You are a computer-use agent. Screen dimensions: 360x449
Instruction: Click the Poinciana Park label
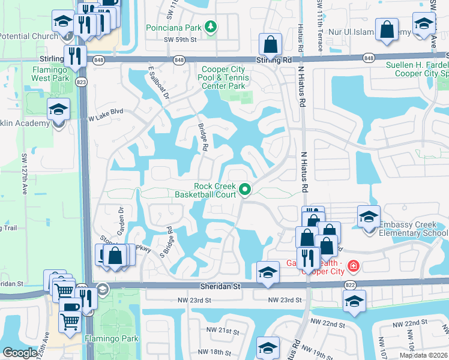point(175,28)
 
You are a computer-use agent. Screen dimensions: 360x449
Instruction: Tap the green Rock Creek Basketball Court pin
point(245,190)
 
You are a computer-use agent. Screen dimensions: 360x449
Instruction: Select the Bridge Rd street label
point(203,137)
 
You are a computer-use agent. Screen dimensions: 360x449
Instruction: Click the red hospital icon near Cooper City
point(354,265)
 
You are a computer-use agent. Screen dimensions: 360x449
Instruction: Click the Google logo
point(20,353)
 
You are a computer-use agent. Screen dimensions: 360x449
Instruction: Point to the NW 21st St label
point(221,331)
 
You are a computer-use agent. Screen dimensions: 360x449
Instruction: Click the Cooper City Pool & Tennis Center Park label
point(223,78)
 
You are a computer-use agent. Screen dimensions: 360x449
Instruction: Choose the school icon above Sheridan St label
point(268,272)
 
